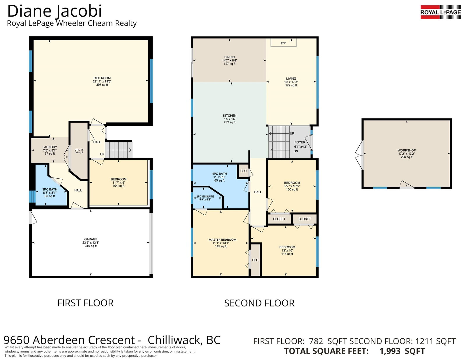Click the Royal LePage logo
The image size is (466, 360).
440,12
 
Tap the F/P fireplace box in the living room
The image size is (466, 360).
283,43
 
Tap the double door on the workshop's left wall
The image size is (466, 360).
359,155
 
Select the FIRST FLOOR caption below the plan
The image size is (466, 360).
85,303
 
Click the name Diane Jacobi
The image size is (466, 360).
54,11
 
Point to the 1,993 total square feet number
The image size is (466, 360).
390,351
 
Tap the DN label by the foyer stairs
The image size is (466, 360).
296,151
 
